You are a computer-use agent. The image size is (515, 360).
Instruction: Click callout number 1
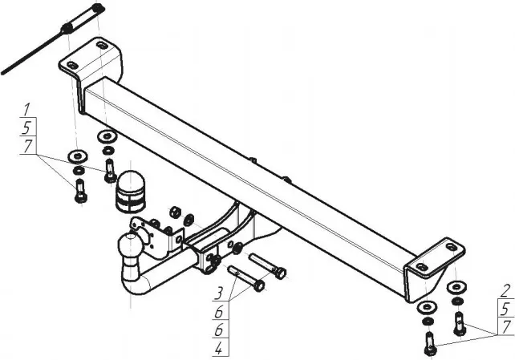pos(27,109)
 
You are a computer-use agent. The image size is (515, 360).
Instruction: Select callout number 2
pos(506,291)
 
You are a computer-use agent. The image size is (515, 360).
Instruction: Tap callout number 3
pos(219,293)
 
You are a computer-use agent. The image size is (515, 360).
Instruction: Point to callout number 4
pos(219,349)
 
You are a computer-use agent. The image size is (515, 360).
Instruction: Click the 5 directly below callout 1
pos(26,127)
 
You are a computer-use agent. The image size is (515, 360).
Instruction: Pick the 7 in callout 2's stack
pos(507,327)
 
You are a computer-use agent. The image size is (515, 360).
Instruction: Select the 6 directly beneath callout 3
pos(219,311)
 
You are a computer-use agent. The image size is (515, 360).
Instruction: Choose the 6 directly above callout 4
pos(219,330)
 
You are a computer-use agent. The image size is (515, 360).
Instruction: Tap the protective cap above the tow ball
pos(131,191)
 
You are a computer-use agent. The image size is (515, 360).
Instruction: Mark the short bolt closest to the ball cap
pos(110,171)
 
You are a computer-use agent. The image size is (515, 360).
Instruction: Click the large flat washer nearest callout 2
pos(456,287)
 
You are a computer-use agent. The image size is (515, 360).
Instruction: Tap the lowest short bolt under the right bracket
pos(430,344)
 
